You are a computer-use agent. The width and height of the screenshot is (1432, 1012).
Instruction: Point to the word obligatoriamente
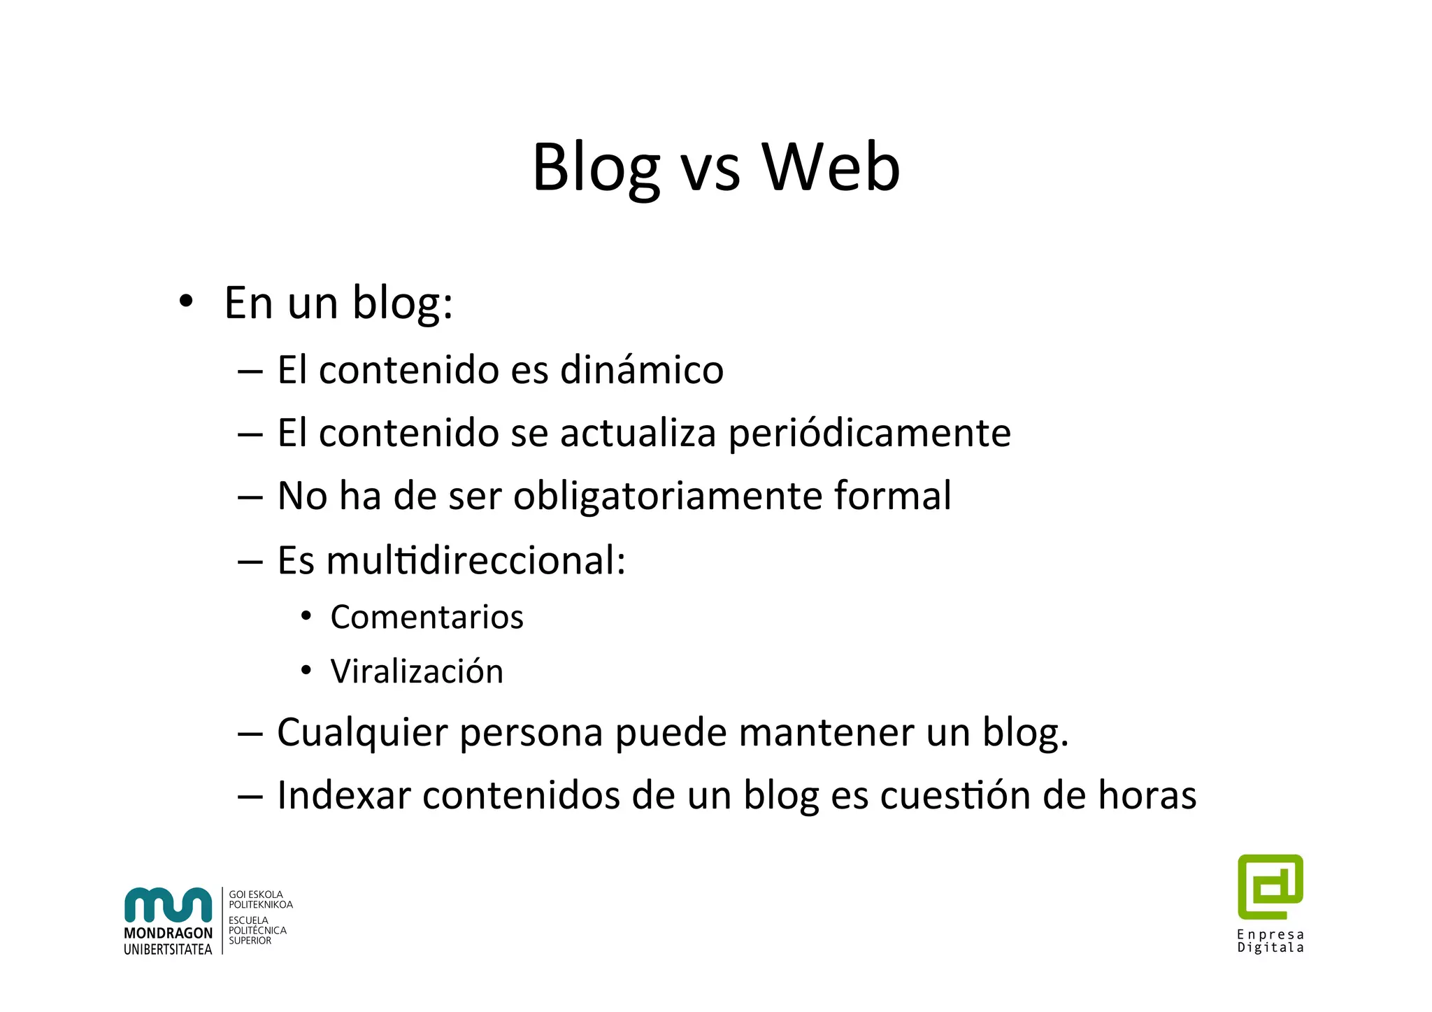click(x=667, y=497)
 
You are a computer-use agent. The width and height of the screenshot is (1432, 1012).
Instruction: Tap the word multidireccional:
click(x=475, y=560)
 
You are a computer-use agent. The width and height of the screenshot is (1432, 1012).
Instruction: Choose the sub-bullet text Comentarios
click(x=427, y=617)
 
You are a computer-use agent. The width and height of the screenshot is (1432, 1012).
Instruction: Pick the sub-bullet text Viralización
click(x=417, y=671)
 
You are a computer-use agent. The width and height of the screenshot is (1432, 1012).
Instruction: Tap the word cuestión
click(x=955, y=795)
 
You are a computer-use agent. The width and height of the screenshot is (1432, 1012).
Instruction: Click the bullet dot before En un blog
click(x=185, y=302)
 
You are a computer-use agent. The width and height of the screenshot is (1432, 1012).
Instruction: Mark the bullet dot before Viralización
click(x=306, y=671)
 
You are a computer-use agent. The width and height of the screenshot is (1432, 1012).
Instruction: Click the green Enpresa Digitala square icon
click(x=1270, y=886)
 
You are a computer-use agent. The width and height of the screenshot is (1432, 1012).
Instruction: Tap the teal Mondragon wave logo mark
click(x=168, y=905)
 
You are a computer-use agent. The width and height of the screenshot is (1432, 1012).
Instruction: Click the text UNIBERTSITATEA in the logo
click(x=168, y=949)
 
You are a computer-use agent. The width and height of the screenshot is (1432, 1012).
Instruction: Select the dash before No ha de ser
click(x=250, y=497)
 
